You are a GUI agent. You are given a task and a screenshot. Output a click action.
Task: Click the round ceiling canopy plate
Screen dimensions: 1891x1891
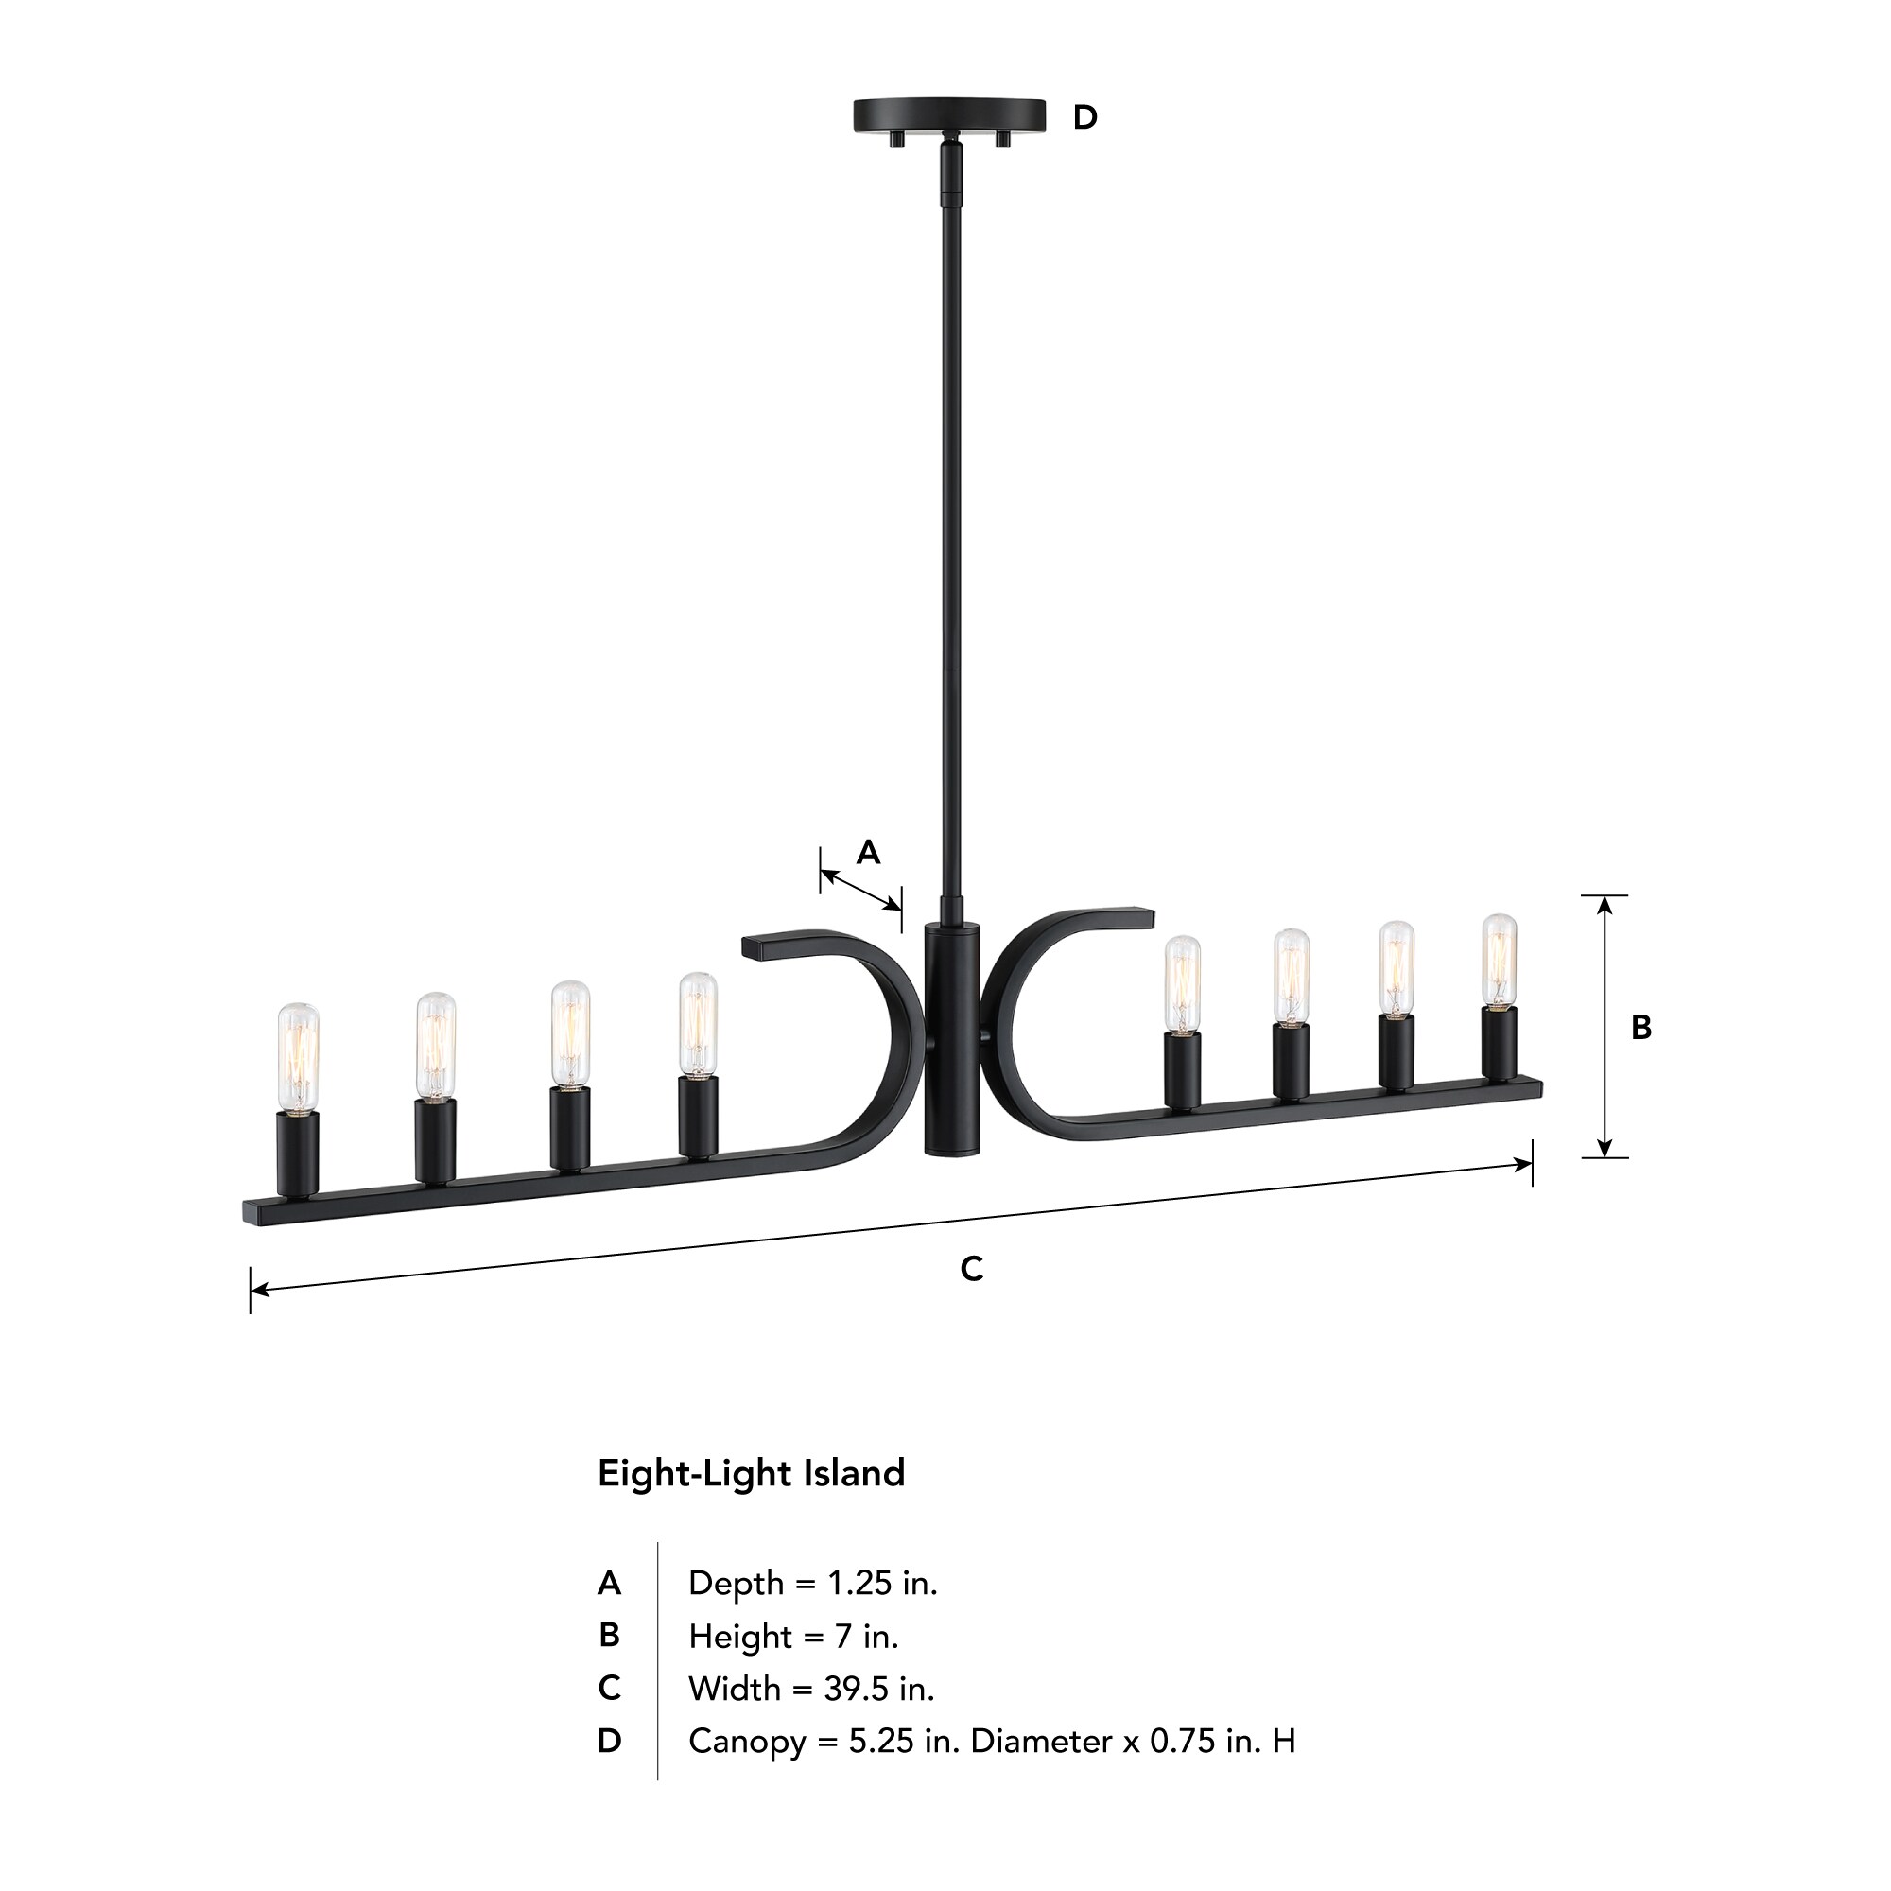[948, 115]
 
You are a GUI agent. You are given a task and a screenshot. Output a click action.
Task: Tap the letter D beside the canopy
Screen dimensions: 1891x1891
[1084, 117]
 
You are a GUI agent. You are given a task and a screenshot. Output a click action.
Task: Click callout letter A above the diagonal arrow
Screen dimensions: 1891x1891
[868, 853]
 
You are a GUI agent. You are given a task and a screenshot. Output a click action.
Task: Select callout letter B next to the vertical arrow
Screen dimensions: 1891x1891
[1641, 1028]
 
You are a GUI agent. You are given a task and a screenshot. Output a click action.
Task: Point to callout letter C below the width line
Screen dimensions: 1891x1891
[971, 1270]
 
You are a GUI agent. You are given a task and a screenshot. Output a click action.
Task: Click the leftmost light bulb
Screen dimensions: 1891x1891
[298, 1056]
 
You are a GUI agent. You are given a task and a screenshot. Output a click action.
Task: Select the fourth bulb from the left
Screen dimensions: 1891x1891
[698, 1024]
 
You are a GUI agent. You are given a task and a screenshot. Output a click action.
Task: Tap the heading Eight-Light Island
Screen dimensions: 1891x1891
[751, 1473]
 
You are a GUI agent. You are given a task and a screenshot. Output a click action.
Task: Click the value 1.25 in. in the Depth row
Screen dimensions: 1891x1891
[882, 1583]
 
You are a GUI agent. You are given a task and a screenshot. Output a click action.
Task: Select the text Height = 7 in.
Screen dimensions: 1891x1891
[793, 1636]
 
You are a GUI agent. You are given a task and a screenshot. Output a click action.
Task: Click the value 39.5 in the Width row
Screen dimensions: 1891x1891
[856, 1689]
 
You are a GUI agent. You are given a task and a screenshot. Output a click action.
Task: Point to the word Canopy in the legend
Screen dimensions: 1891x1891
[747, 1742]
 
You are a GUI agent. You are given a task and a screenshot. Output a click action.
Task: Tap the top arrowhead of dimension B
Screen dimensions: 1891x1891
[1605, 905]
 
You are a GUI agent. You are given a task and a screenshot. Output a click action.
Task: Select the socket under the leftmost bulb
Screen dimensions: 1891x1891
[298, 1153]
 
